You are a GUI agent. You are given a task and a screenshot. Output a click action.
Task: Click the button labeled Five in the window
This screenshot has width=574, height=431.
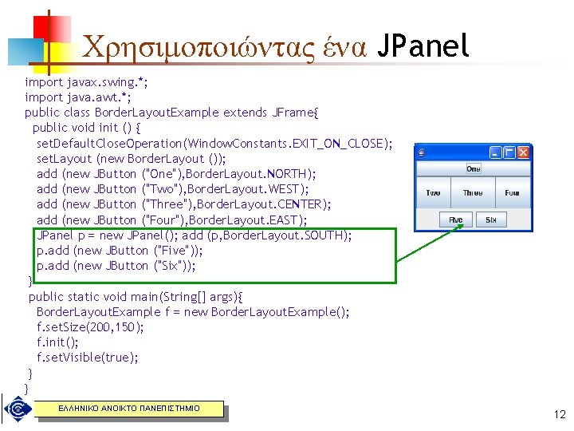point(456,219)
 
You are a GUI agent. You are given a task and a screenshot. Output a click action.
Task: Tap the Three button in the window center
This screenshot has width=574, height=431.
point(473,193)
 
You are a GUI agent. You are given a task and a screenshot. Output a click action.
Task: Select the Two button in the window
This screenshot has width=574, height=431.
point(433,193)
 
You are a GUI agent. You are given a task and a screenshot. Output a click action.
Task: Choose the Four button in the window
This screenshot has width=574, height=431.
point(512,193)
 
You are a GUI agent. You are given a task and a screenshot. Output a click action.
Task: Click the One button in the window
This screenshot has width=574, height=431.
point(473,168)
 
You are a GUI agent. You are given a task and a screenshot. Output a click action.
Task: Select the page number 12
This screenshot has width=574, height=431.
point(558,414)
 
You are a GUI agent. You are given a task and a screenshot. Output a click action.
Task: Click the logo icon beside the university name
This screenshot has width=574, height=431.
point(15,410)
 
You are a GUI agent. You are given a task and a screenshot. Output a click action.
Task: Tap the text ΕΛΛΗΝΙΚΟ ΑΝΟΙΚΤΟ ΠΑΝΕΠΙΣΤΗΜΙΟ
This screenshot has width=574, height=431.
point(128,409)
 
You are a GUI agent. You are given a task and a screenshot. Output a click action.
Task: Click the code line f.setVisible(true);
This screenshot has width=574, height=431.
point(87,358)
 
